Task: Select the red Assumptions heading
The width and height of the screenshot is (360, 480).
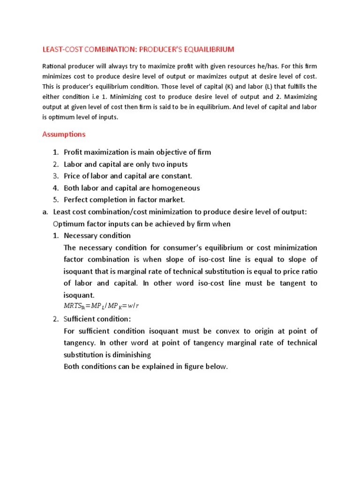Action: click(64, 134)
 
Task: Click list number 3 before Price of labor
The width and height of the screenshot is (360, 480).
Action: click(55, 176)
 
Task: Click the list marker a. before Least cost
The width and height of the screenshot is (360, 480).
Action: click(45, 212)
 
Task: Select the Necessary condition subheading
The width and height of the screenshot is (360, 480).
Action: click(97, 235)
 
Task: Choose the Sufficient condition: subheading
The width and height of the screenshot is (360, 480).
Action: click(97, 319)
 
